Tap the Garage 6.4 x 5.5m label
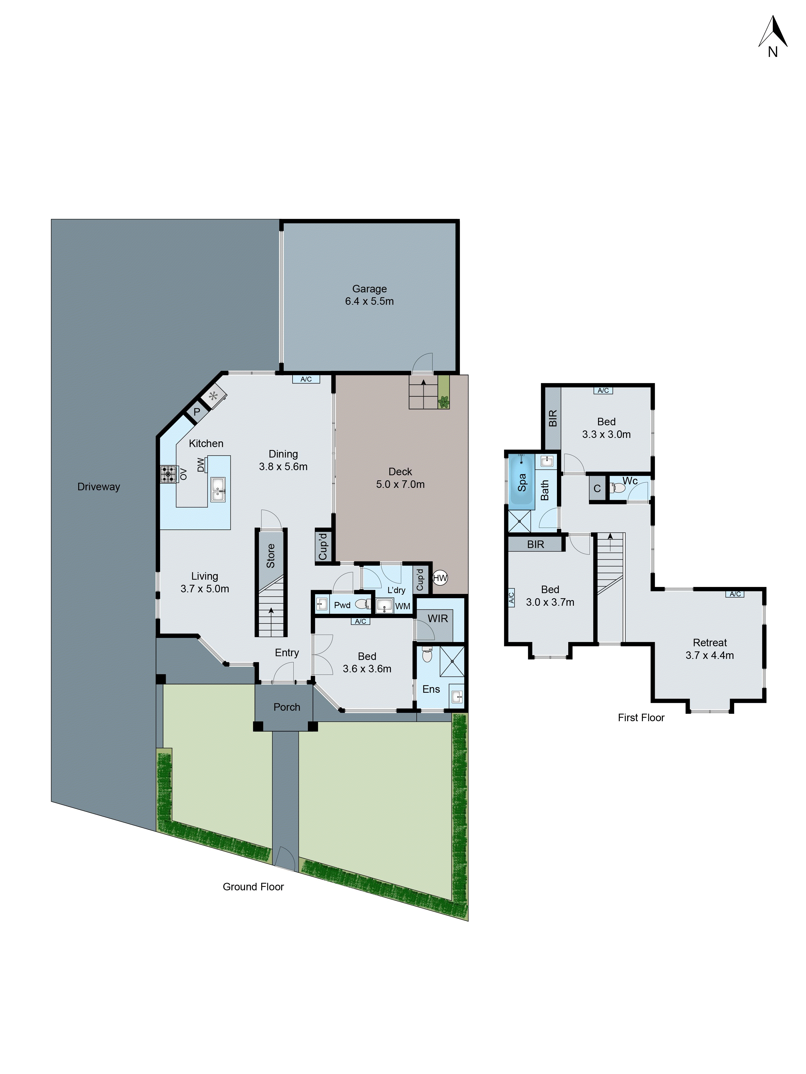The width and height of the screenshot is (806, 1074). point(369,295)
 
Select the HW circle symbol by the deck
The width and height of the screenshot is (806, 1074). point(440,578)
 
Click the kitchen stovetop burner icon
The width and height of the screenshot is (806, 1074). point(168,474)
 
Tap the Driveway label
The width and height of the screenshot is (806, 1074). point(99,487)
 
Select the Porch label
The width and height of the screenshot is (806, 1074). point(287,707)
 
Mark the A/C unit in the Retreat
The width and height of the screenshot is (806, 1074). point(735,594)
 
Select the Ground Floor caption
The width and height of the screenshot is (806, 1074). point(253,887)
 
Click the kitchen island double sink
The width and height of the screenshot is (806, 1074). point(218,489)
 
